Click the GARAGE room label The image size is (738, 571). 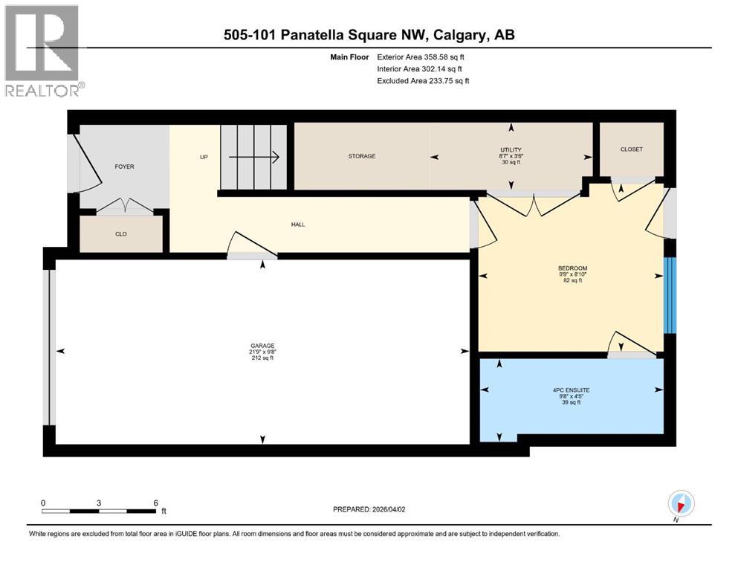click(262, 346)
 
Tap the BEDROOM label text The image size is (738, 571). click(572, 268)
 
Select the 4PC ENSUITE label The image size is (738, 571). click(572, 390)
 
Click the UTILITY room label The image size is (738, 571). click(511, 150)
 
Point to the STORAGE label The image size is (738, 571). click(362, 156)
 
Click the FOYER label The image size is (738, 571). click(124, 167)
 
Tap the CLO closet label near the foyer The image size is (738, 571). click(120, 234)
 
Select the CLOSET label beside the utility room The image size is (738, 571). click(631, 149)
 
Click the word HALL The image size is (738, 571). click(298, 225)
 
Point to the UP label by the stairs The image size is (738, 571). click(204, 157)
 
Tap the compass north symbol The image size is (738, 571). click(681, 503)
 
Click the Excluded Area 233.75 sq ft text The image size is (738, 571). click(423, 80)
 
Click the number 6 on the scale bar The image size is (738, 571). click(155, 503)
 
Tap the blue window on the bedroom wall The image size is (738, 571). click(670, 295)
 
